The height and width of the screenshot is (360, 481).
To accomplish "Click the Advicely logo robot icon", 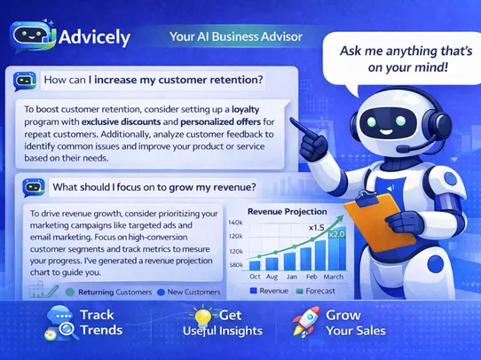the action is pyautogui.click(x=33, y=36).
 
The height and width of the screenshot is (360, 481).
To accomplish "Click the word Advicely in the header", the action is pyautogui.click(x=94, y=37).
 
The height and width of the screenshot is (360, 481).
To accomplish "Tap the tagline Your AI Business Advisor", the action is pyautogui.click(x=236, y=36).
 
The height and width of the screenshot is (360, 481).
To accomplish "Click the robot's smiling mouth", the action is pyautogui.click(x=386, y=132).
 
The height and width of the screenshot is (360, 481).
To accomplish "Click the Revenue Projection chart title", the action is pyautogui.click(x=288, y=212).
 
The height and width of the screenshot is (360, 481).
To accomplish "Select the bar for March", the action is pyautogui.click(x=337, y=249).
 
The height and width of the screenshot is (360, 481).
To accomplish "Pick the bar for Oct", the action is pyautogui.click(x=255, y=265).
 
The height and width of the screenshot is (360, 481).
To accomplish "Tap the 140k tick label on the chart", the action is pyautogui.click(x=235, y=223).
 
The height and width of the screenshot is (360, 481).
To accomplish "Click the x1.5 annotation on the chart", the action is pyautogui.click(x=316, y=228).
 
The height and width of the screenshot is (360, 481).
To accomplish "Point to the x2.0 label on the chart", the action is pyautogui.click(x=337, y=234).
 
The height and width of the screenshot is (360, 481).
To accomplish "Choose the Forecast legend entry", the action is pyautogui.click(x=316, y=291).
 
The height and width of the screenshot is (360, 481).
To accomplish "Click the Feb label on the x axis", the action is pyautogui.click(x=311, y=277).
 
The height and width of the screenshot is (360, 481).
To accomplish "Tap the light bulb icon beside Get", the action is pyautogui.click(x=203, y=316).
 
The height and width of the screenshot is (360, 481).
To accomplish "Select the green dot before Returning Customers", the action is pyautogui.click(x=70, y=293).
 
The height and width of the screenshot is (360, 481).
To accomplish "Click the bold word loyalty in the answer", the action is pyautogui.click(x=246, y=110).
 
